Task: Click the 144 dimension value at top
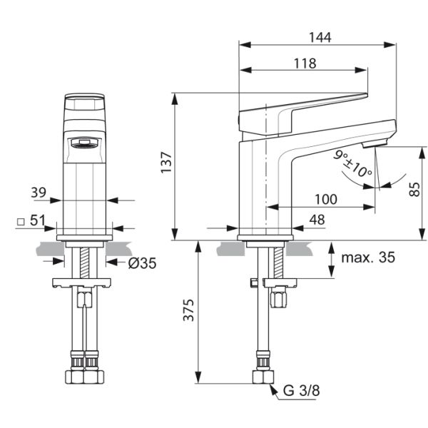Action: (x=320, y=37)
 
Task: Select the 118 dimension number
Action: (x=305, y=63)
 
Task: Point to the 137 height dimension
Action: (x=166, y=163)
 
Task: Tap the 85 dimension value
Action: (x=414, y=189)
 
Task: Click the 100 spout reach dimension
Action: (x=326, y=199)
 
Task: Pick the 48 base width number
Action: (x=317, y=220)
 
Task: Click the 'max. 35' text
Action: (x=368, y=258)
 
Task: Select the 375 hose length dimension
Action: (x=188, y=310)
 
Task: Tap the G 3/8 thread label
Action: (x=301, y=391)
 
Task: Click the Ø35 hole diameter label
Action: (x=142, y=263)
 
